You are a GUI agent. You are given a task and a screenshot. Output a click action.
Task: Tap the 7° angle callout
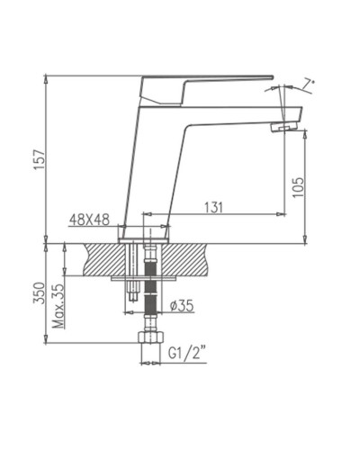[x=309, y=85]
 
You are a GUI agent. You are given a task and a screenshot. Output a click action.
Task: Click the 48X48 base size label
[x=91, y=219]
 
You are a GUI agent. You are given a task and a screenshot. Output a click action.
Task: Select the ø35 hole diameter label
[x=184, y=305]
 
